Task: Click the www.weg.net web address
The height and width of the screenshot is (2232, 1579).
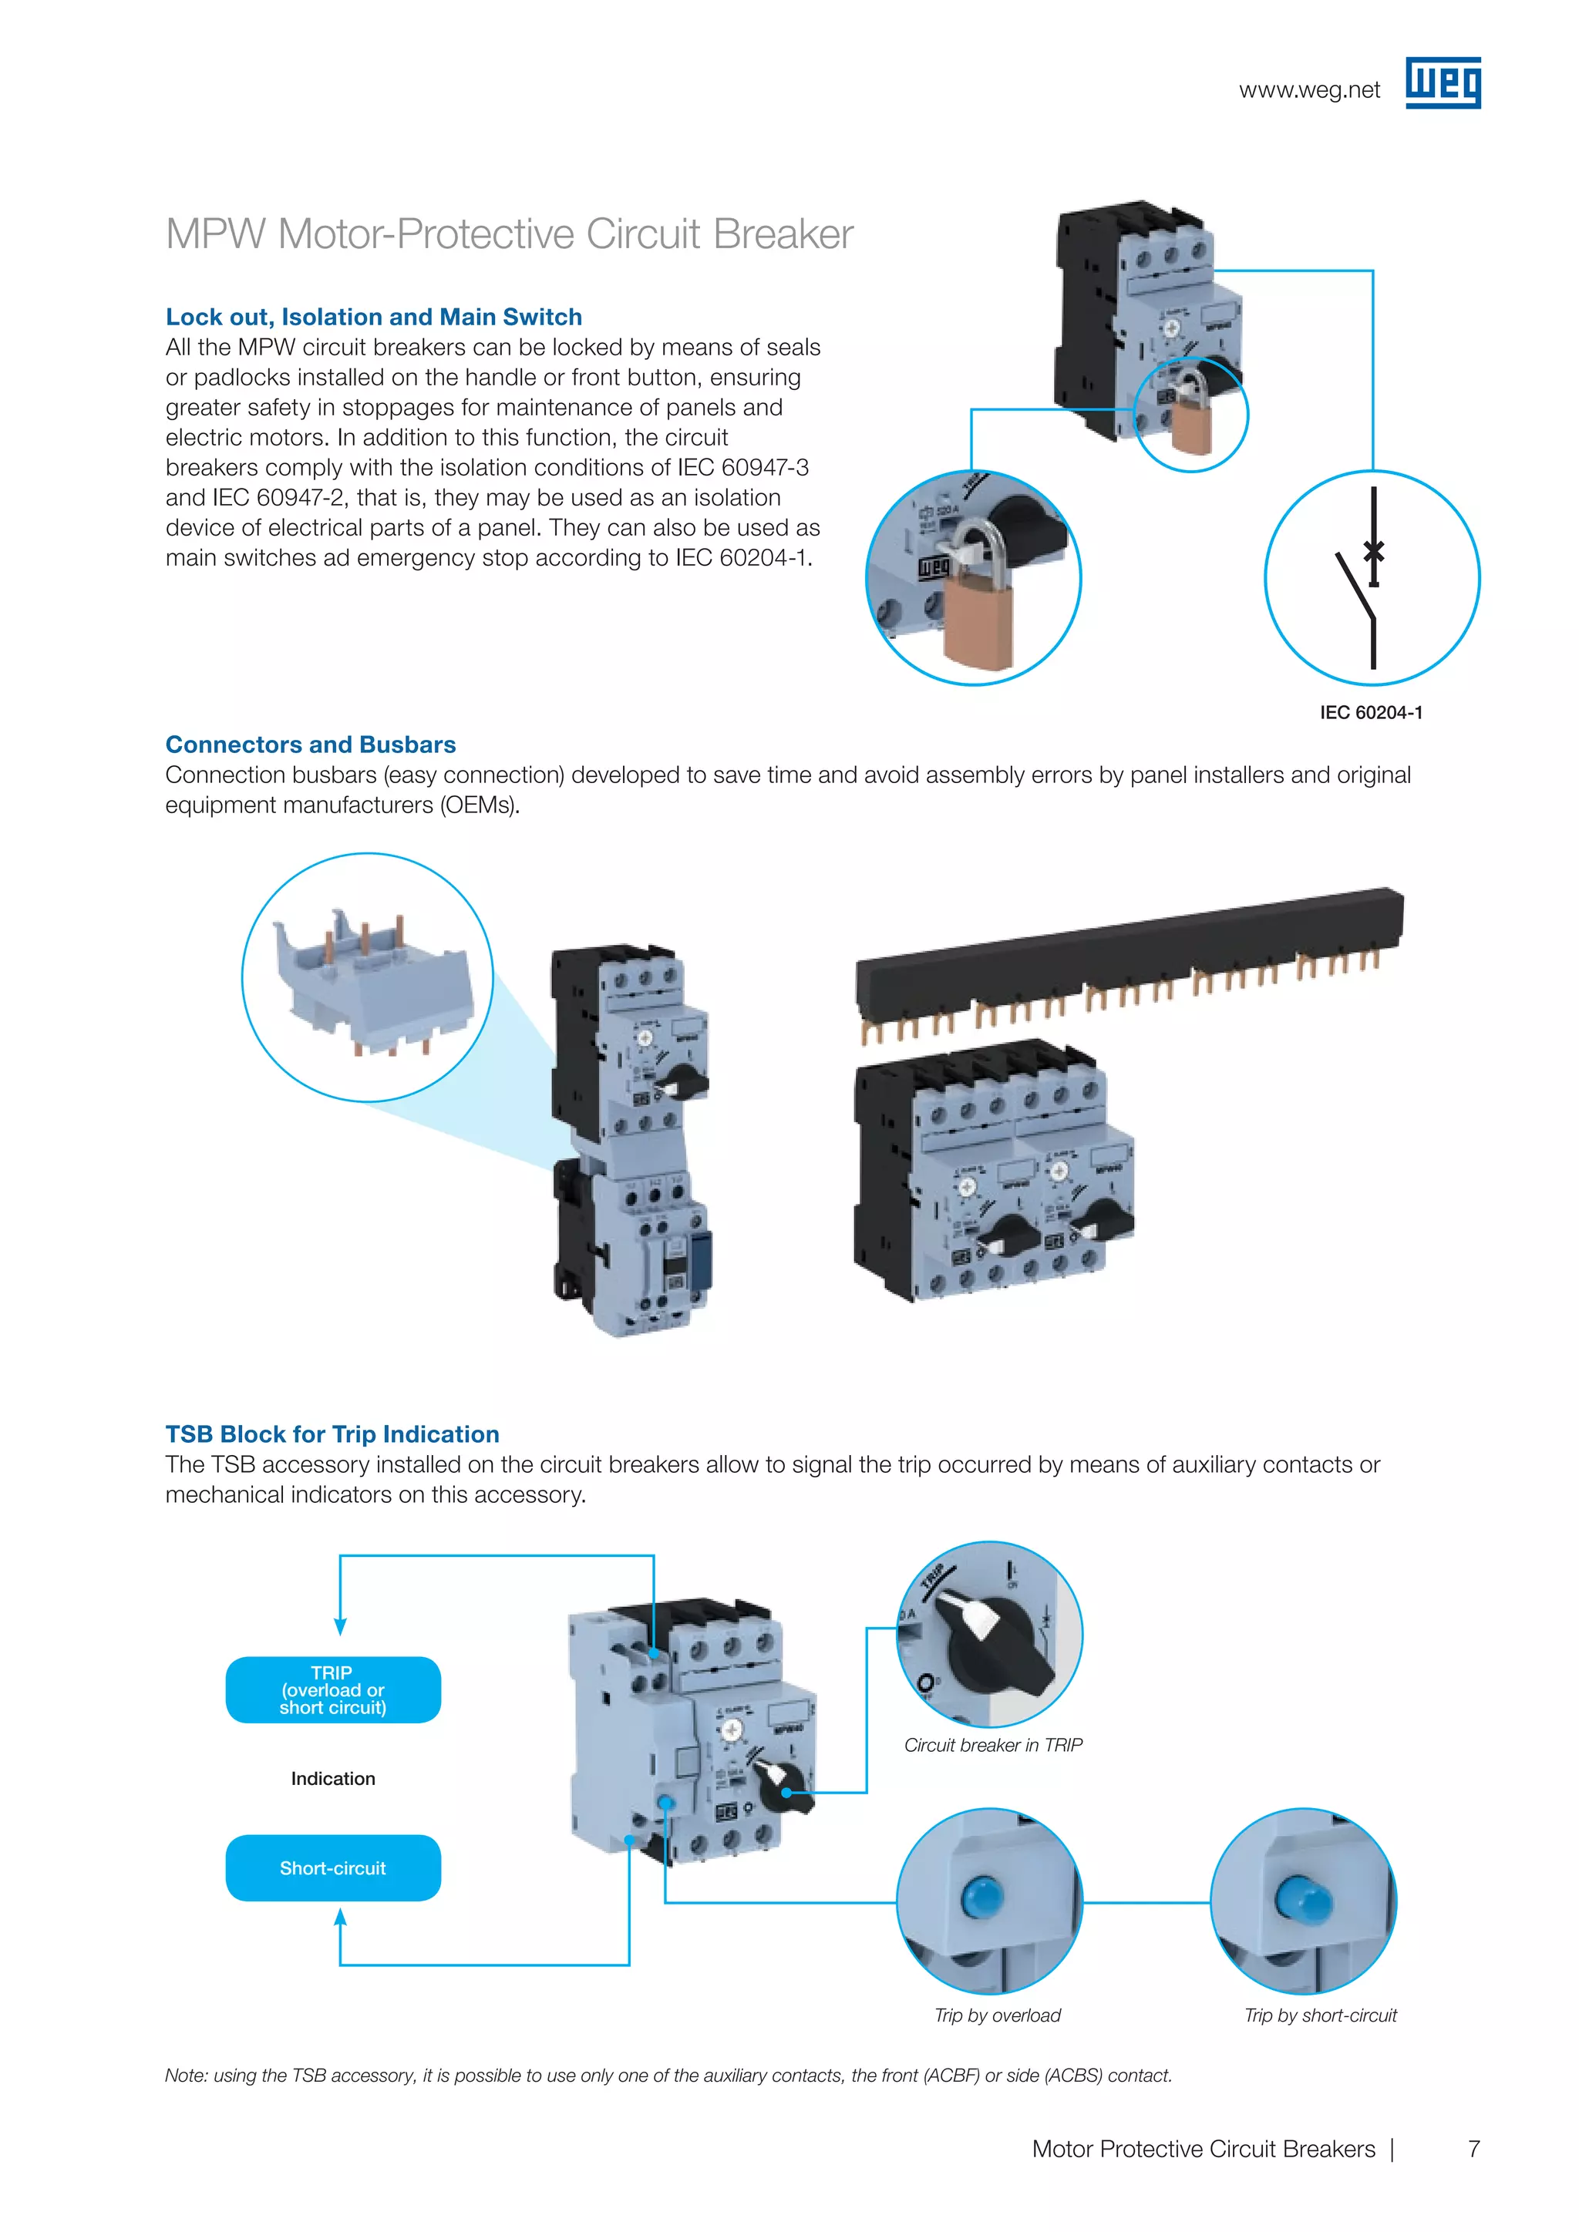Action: coord(1308,90)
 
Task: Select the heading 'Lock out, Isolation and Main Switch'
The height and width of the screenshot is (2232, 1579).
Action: coord(373,317)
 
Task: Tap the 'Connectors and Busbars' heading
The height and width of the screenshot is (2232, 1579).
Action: coord(310,745)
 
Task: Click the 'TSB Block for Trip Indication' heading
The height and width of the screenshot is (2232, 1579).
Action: coord(332,1434)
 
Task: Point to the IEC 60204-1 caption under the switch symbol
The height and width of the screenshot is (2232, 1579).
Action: coord(1371,713)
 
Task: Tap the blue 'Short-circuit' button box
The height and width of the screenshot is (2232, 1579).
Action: coord(332,1867)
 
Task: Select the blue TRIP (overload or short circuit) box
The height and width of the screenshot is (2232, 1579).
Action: coord(332,1689)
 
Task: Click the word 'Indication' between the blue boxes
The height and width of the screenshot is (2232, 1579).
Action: coord(332,1778)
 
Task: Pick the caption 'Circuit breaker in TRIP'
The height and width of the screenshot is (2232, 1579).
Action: coord(993,1745)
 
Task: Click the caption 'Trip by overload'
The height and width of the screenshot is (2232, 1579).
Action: coord(997,2015)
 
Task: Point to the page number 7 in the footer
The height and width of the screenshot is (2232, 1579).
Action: coord(1473,2149)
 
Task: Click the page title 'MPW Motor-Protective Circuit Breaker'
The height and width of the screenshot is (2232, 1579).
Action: coord(510,234)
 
